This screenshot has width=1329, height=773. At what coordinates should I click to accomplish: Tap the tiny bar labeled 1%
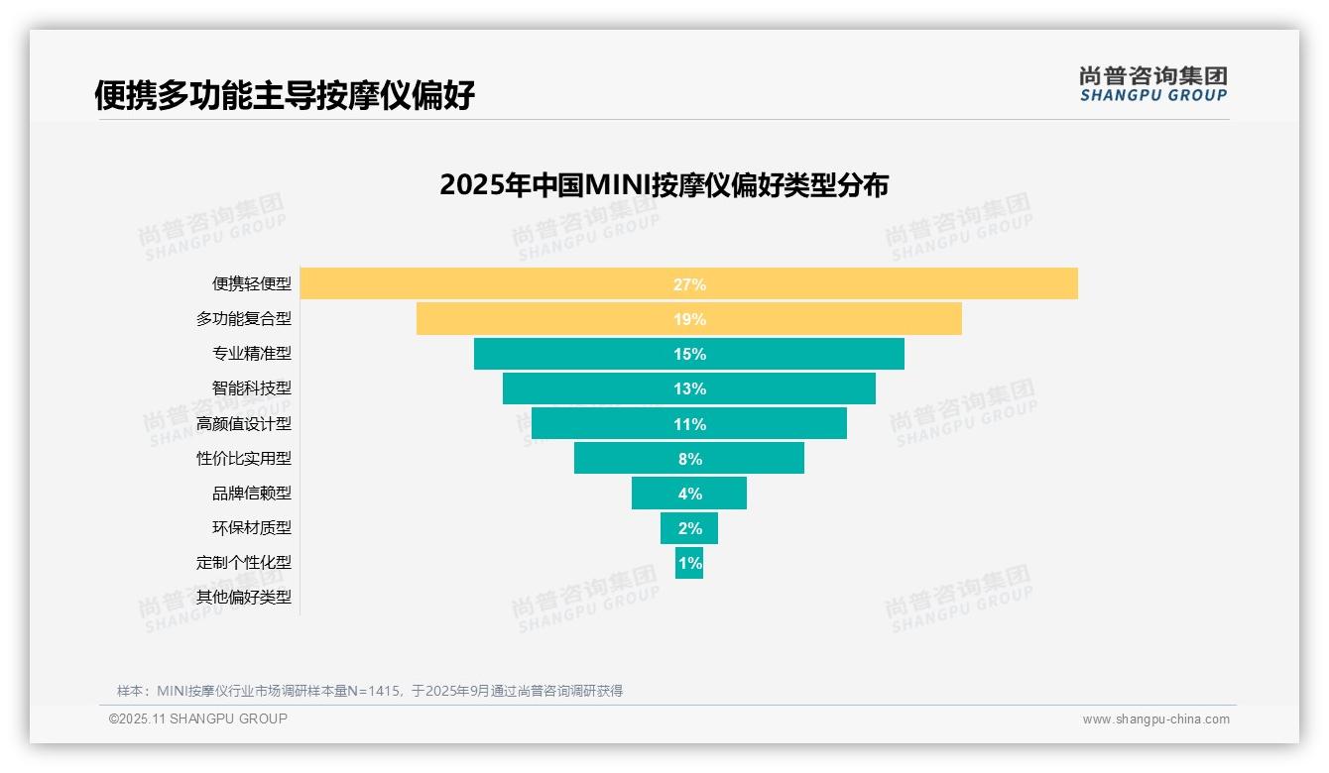[689, 562]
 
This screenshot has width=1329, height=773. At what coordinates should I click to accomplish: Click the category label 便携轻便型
[252, 284]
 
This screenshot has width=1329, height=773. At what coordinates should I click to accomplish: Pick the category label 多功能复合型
[244, 319]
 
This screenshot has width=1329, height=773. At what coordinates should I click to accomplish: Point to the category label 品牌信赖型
[252, 493]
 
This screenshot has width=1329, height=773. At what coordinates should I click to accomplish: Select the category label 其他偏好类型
[244, 597]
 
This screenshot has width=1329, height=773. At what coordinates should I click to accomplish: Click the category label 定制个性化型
[244, 562]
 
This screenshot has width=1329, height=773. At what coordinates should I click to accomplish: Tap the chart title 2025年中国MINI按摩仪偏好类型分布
[664, 185]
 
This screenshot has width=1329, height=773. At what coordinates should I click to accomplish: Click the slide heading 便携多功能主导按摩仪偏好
[285, 95]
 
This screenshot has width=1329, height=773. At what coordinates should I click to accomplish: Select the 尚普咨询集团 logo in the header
[1152, 83]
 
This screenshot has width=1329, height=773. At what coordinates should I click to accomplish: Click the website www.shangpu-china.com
[1155, 719]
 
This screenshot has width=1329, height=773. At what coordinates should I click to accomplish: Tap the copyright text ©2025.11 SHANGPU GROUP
[198, 718]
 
